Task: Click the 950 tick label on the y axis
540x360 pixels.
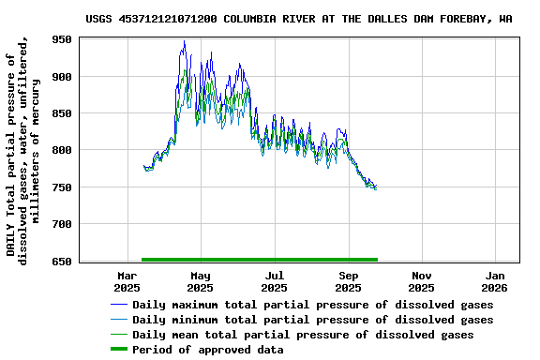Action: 61,39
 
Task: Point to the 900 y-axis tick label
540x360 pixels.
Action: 61,76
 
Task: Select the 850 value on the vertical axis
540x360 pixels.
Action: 61,113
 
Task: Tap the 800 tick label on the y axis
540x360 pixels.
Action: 61,150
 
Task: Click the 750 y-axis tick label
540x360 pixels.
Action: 61,187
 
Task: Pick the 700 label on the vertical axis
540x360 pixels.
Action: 61,224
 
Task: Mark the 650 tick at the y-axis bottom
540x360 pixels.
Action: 61,261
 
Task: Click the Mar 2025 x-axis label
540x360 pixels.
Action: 127,281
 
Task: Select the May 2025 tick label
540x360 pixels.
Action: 200,281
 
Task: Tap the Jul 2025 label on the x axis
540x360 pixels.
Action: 274,281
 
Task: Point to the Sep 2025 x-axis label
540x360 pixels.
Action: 349,281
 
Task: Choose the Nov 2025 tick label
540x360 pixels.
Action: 422,281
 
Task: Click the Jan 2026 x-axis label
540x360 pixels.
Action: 496,281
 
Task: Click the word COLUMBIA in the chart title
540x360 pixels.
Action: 253,18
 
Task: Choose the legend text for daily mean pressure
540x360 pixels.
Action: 303,335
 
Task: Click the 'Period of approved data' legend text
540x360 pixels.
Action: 208,350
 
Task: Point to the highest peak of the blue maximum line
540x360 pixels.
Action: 184,41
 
